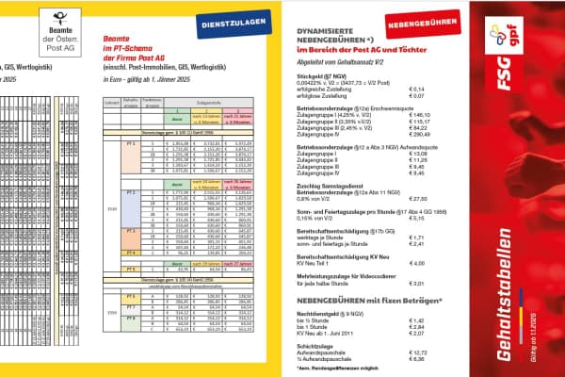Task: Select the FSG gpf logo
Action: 516,58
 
